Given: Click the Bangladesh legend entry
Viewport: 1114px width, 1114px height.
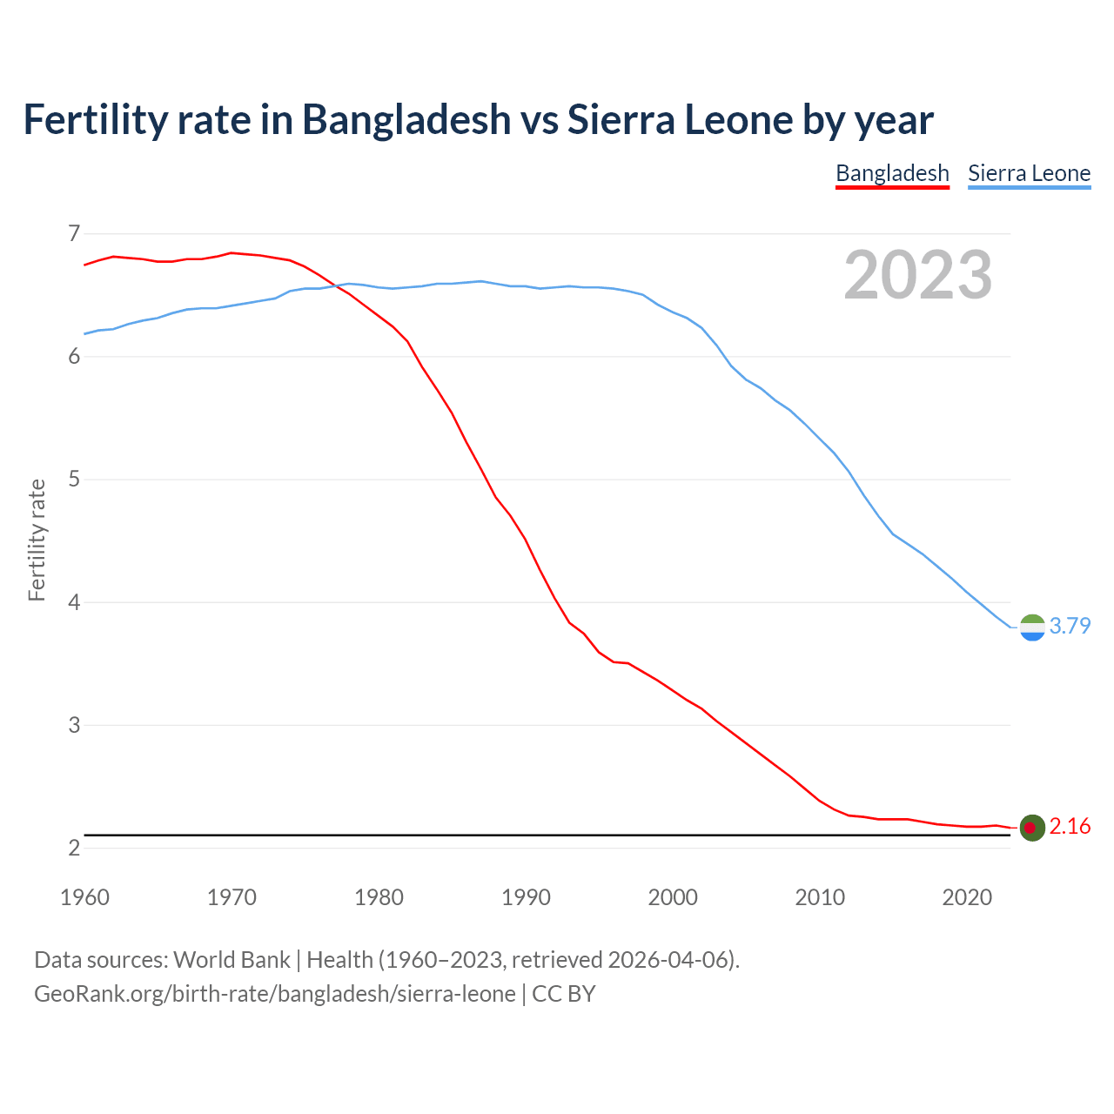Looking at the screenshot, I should pos(892,173).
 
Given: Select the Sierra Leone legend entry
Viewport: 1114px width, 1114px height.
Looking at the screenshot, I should pos(1029,173).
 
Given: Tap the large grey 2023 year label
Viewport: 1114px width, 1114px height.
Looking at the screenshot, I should pos(918,275).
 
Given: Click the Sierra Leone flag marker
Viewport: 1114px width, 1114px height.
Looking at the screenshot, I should pos(1032,627).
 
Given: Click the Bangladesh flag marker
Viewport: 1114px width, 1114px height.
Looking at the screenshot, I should pos(1032,827).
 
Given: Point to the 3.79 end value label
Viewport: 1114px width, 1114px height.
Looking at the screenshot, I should pos(1070,626).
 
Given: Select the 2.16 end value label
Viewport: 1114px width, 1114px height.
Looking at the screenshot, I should pos(1070,826).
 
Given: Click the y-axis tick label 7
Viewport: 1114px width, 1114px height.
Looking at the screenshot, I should pos(74,233).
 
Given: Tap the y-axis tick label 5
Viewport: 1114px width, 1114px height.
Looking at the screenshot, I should pos(74,480).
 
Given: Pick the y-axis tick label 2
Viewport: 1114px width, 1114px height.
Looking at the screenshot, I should pos(74,848).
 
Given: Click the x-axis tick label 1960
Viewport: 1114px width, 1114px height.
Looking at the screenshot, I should pos(84,897).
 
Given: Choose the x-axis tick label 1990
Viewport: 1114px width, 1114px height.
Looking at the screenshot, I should pos(526,897).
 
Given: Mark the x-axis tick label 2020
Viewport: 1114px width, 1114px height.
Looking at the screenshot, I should pos(967,897).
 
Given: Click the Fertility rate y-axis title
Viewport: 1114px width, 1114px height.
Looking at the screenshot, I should pos(37,540).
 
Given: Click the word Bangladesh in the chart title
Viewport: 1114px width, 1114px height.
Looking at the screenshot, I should pos(406,119).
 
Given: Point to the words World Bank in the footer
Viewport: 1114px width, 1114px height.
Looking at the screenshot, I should pos(232,960).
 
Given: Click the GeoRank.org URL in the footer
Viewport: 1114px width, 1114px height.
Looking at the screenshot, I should pos(274,994).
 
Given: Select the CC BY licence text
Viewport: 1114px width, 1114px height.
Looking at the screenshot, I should pos(563,994).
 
